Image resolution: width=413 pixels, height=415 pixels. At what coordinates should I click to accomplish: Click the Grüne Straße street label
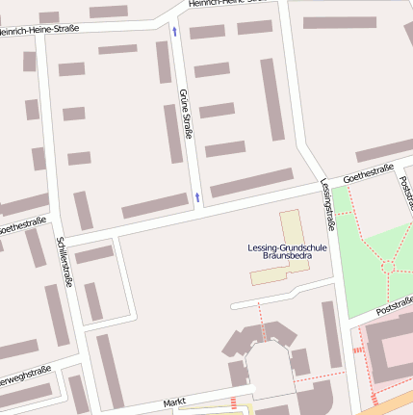pyautogui.click(x=186, y=113)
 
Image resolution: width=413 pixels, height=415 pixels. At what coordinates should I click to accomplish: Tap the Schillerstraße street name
pyautogui.click(x=65, y=262)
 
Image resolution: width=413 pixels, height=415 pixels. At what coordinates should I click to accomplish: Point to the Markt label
pyautogui.click(x=173, y=401)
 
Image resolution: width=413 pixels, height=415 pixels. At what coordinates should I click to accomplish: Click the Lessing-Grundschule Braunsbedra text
pyautogui.click(x=288, y=252)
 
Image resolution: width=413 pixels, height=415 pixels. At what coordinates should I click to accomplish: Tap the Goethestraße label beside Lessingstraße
pyautogui.click(x=368, y=174)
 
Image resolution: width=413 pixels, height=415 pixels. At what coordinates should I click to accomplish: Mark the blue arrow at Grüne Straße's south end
pyautogui.click(x=197, y=197)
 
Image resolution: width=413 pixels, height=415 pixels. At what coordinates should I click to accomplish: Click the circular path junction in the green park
pyautogui.click(x=388, y=263)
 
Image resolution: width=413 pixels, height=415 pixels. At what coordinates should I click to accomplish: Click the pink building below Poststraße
pyautogui.click(x=390, y=347)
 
